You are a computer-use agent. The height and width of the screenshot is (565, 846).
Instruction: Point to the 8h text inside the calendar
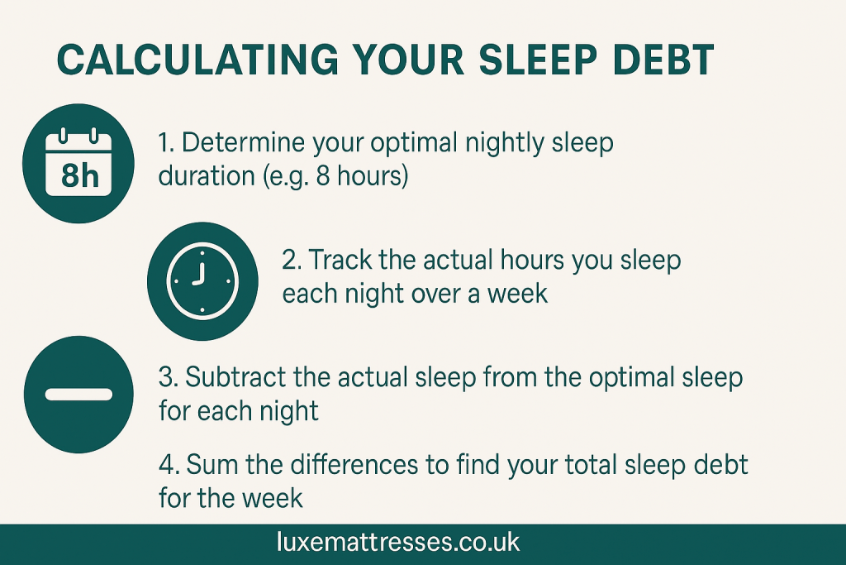(x=79, y=176)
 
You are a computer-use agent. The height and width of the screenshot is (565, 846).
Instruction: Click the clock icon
(x=202, y=281)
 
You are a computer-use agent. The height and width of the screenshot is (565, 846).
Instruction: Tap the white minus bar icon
(x=79, y=393)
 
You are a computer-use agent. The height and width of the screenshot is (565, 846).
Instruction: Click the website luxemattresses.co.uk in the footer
(x=398, y=543)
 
